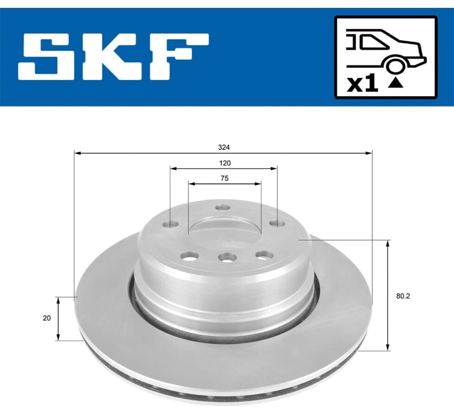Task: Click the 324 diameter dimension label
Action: pos(224,148)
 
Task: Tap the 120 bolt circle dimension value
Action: pos(225,163)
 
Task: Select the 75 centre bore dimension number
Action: pos(224,179)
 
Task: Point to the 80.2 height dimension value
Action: pos(403,296)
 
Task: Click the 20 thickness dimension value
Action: pos(47,318)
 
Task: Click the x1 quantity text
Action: pos(363,83)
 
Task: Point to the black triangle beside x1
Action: pos(396,83)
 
